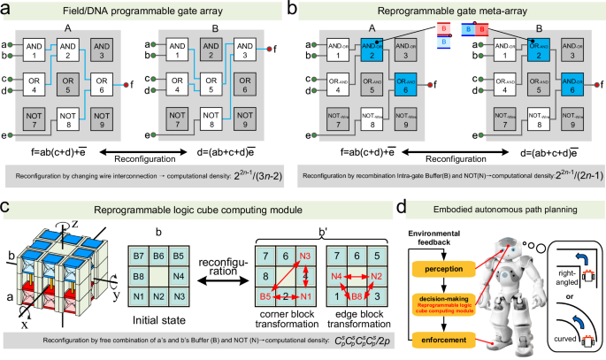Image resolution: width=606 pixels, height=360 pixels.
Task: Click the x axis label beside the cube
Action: (24, 327)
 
